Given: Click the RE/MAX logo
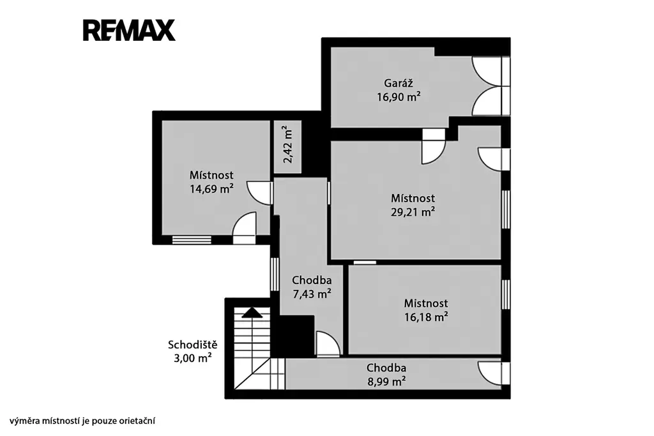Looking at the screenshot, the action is [129, 31].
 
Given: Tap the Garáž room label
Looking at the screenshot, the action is [399, 83].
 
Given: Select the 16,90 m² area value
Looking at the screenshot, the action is [399, 97].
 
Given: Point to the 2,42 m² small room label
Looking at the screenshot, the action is [288, 144].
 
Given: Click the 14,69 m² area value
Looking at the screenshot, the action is [211, 189].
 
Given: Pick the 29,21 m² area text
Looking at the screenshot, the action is [413, 212].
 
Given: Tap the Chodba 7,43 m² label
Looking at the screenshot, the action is [312, 287].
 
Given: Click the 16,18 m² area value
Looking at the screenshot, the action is [426, 317].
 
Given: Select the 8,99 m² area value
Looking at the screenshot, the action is [386, 381].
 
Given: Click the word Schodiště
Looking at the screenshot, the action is [193, 345].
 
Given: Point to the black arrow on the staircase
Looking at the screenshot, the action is [252, 313].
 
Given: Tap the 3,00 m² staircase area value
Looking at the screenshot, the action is [193, 358].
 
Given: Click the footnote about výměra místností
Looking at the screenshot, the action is [82, 421].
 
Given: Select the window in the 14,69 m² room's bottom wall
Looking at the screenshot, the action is [192, 239].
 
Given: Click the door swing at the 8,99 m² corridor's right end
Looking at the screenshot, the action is [494, 373].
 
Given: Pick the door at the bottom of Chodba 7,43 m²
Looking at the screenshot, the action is [328, 344].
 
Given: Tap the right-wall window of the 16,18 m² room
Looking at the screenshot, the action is [506, 294].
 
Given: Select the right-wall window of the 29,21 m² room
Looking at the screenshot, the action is [506, 209].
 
